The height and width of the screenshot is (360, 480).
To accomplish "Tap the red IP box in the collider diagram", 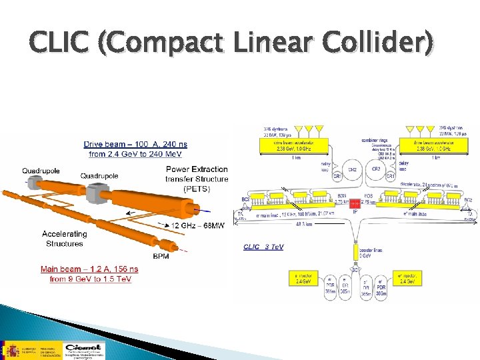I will tap(355, 202).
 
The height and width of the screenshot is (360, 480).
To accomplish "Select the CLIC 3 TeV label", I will tap(263, 247).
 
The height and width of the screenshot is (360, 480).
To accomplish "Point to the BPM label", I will tap(161, 256).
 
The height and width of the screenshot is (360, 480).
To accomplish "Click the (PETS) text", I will tap(198, 189).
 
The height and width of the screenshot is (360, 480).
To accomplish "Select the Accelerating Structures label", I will tap(64, 239).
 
